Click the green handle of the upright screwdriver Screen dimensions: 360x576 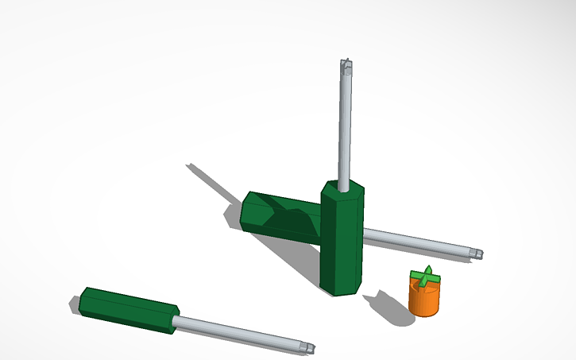342,238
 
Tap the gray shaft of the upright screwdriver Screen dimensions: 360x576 344,127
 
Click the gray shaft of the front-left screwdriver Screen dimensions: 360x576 238,333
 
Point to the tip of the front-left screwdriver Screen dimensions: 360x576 309,348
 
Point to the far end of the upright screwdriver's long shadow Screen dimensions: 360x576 191,166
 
